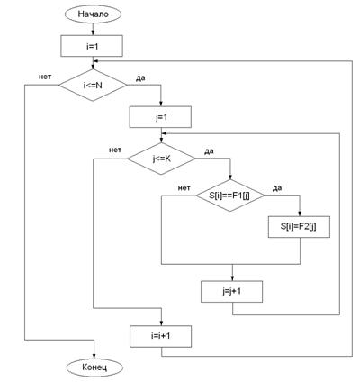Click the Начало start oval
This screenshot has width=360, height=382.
point(93,14)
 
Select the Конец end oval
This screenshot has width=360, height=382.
point(94,367)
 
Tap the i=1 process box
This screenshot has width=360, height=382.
point(92,46)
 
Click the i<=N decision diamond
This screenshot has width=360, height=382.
point(93,86)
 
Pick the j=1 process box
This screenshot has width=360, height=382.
point(160,117)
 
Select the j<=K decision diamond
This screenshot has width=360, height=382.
point(161,159)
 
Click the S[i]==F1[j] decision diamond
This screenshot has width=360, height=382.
point(230,196)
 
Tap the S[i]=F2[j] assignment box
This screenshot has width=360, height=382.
point(299,227)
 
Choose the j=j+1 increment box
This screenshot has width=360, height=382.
point(231,291)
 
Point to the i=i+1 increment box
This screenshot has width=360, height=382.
point(161,336)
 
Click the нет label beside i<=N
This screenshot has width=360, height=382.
point(45,77)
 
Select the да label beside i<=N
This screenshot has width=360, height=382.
point(140,78)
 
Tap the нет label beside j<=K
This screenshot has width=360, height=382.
point(115,150)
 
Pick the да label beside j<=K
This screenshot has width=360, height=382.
point(209,151)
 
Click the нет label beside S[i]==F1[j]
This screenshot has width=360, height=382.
point(184,188)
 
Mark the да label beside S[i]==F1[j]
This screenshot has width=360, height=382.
point(277,188)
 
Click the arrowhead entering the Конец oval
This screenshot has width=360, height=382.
point(94,356)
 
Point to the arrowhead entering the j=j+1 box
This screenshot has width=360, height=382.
point(232,278)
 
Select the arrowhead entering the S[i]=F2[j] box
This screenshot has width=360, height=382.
point(300,214)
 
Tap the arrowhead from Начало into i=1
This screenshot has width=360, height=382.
point(93,32)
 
